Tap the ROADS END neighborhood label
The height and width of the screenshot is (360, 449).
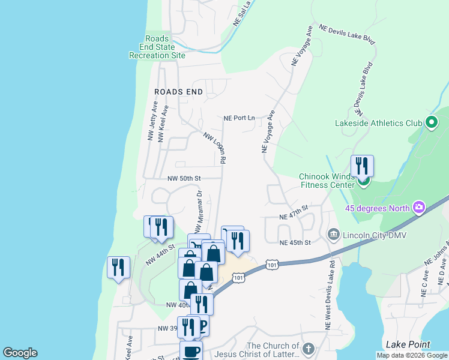coord(178,92)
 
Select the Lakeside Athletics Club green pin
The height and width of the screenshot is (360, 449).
coord(431,123)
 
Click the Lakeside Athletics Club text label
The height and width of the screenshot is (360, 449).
coord(379,123)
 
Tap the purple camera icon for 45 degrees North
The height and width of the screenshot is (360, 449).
coord(418,208)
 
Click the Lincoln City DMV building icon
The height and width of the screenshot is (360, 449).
coord(332,233)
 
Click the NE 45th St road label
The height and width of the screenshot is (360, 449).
coord(296,242)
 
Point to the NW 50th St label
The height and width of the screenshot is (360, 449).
coord(184,178)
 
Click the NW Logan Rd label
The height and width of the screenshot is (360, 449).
coord(214,148)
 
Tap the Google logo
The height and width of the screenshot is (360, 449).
coord(20,353)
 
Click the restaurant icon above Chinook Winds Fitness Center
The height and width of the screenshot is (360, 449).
coord(362,165)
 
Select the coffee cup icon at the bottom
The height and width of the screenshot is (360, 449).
coord(191,350)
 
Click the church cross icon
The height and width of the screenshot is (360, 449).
coord(308,349)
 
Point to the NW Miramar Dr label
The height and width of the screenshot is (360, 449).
coord(198,210)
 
